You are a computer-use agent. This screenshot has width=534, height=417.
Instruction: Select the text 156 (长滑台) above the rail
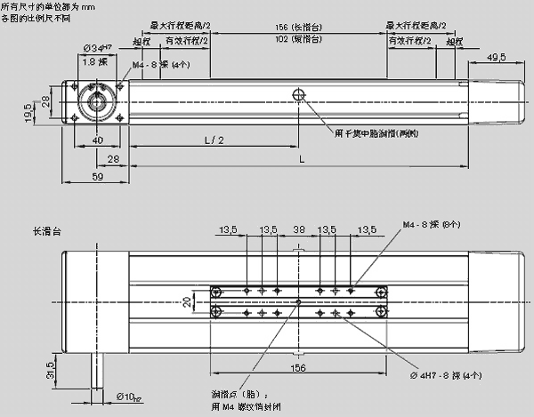[298, 28]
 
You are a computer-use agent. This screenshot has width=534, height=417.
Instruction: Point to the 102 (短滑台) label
[298, 39]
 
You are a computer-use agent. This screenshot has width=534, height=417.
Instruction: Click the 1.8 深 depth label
[94, 63]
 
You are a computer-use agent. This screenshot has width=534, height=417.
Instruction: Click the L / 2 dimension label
[214, 140]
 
